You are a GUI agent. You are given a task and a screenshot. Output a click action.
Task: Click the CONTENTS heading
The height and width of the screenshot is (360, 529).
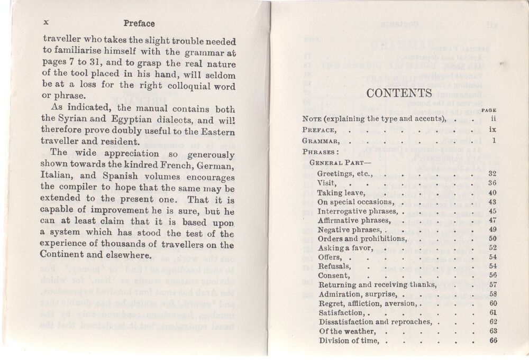coord(399,94)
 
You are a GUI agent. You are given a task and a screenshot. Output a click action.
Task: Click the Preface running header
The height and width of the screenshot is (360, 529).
coord(139,23)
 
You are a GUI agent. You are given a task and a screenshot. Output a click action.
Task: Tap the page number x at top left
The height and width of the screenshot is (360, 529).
coord(46,23)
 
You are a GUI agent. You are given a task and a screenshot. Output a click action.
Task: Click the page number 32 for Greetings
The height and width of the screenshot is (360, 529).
coord(492,173)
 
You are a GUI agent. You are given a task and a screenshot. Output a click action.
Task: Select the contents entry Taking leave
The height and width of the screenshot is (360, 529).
coord(341,192)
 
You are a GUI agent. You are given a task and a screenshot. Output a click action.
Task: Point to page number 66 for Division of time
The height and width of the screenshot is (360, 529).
coord(493,340)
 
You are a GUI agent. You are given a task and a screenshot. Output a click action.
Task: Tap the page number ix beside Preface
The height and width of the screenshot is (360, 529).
coord(492,129)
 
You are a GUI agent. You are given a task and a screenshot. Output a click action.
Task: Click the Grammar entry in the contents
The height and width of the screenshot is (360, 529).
coord(320,141)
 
